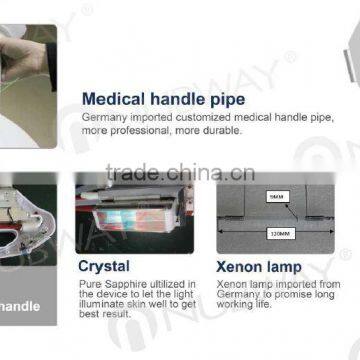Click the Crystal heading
[x=105, y=267]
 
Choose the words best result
[x=104, y=315]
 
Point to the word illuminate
[x=103, y=304]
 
